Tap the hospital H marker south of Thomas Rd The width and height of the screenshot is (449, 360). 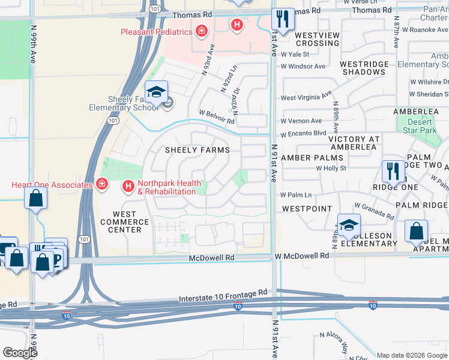237,25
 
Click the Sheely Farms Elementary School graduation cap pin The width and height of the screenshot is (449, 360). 156,92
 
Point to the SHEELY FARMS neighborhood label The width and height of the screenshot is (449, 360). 197,150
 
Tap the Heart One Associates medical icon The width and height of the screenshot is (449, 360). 101,184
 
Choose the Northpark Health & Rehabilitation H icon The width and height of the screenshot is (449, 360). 128,187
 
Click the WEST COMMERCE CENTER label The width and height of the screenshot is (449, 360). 124,222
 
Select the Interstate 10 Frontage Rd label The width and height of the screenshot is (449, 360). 223,293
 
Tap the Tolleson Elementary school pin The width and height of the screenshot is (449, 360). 348,224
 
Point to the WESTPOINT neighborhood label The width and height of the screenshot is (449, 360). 307,209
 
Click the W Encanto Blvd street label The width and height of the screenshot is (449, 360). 304,133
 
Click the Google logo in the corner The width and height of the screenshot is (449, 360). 20,353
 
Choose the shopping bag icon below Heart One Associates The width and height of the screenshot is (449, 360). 36,199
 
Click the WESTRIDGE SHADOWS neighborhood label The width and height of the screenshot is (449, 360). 363,68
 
